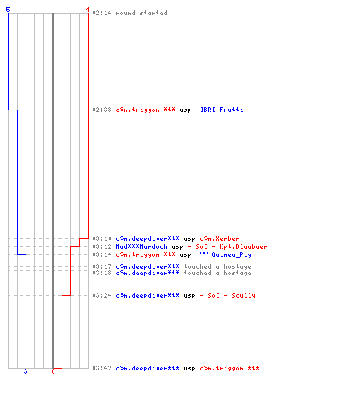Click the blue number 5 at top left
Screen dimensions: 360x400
coord(8,10)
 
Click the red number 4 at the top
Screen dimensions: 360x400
coord(88,10)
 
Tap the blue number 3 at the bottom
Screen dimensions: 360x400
coord(26,371)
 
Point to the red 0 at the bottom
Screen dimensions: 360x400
coord(53,371)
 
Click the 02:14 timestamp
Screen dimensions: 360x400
coord(102,13)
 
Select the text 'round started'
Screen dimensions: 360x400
coord(142,13)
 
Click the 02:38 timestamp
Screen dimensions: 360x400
coord(102,110)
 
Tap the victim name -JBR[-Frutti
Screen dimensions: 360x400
coord(219,110)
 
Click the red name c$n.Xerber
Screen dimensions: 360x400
coord(219,238)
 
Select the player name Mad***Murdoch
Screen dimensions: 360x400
coord(142,246)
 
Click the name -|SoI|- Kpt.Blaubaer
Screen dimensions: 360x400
coord(227,246)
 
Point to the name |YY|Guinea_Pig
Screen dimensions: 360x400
coord(224,254)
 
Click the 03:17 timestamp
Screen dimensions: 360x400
coord(102,266)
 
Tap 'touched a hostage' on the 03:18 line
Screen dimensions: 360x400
coord(218,273)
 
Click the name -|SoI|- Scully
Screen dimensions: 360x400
coord(227,295)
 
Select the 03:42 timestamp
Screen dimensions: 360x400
coord(102,368)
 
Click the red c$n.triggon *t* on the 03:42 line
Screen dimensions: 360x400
coord(230,368)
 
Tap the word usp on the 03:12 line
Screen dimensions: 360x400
coord(178,247)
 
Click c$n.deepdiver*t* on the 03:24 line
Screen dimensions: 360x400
coord(147,295)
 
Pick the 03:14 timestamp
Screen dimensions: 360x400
coord(102,254)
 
